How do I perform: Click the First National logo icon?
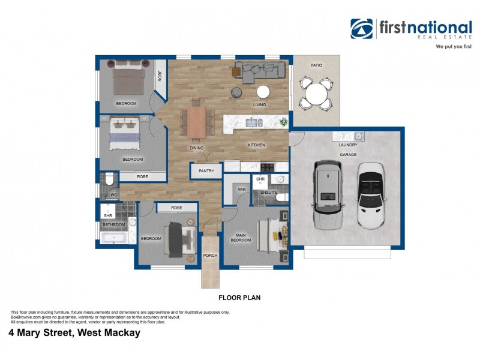tap(362, 29)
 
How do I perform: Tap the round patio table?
tap(316, 93)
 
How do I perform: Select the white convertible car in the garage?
tap(372, 195)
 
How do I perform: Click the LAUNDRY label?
tap(348, 145)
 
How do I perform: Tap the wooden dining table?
tap(196, 121)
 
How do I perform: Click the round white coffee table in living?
tap(263, 92)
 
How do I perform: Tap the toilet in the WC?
tap(109, 181)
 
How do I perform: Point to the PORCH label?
tap(210, 255)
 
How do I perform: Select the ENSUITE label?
tap(268, 192)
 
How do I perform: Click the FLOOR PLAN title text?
tap(239, 297)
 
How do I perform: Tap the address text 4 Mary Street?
tap(74, 332)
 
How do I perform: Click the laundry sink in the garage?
tap(358, 136)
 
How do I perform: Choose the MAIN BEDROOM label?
tap(241, 237)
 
